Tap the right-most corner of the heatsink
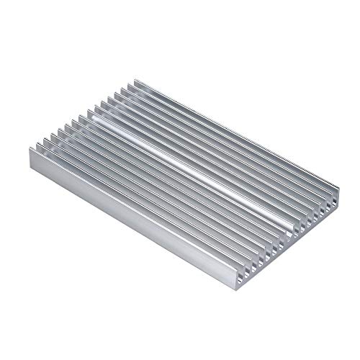pos(335,188)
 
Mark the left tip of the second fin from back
pos(125,88)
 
